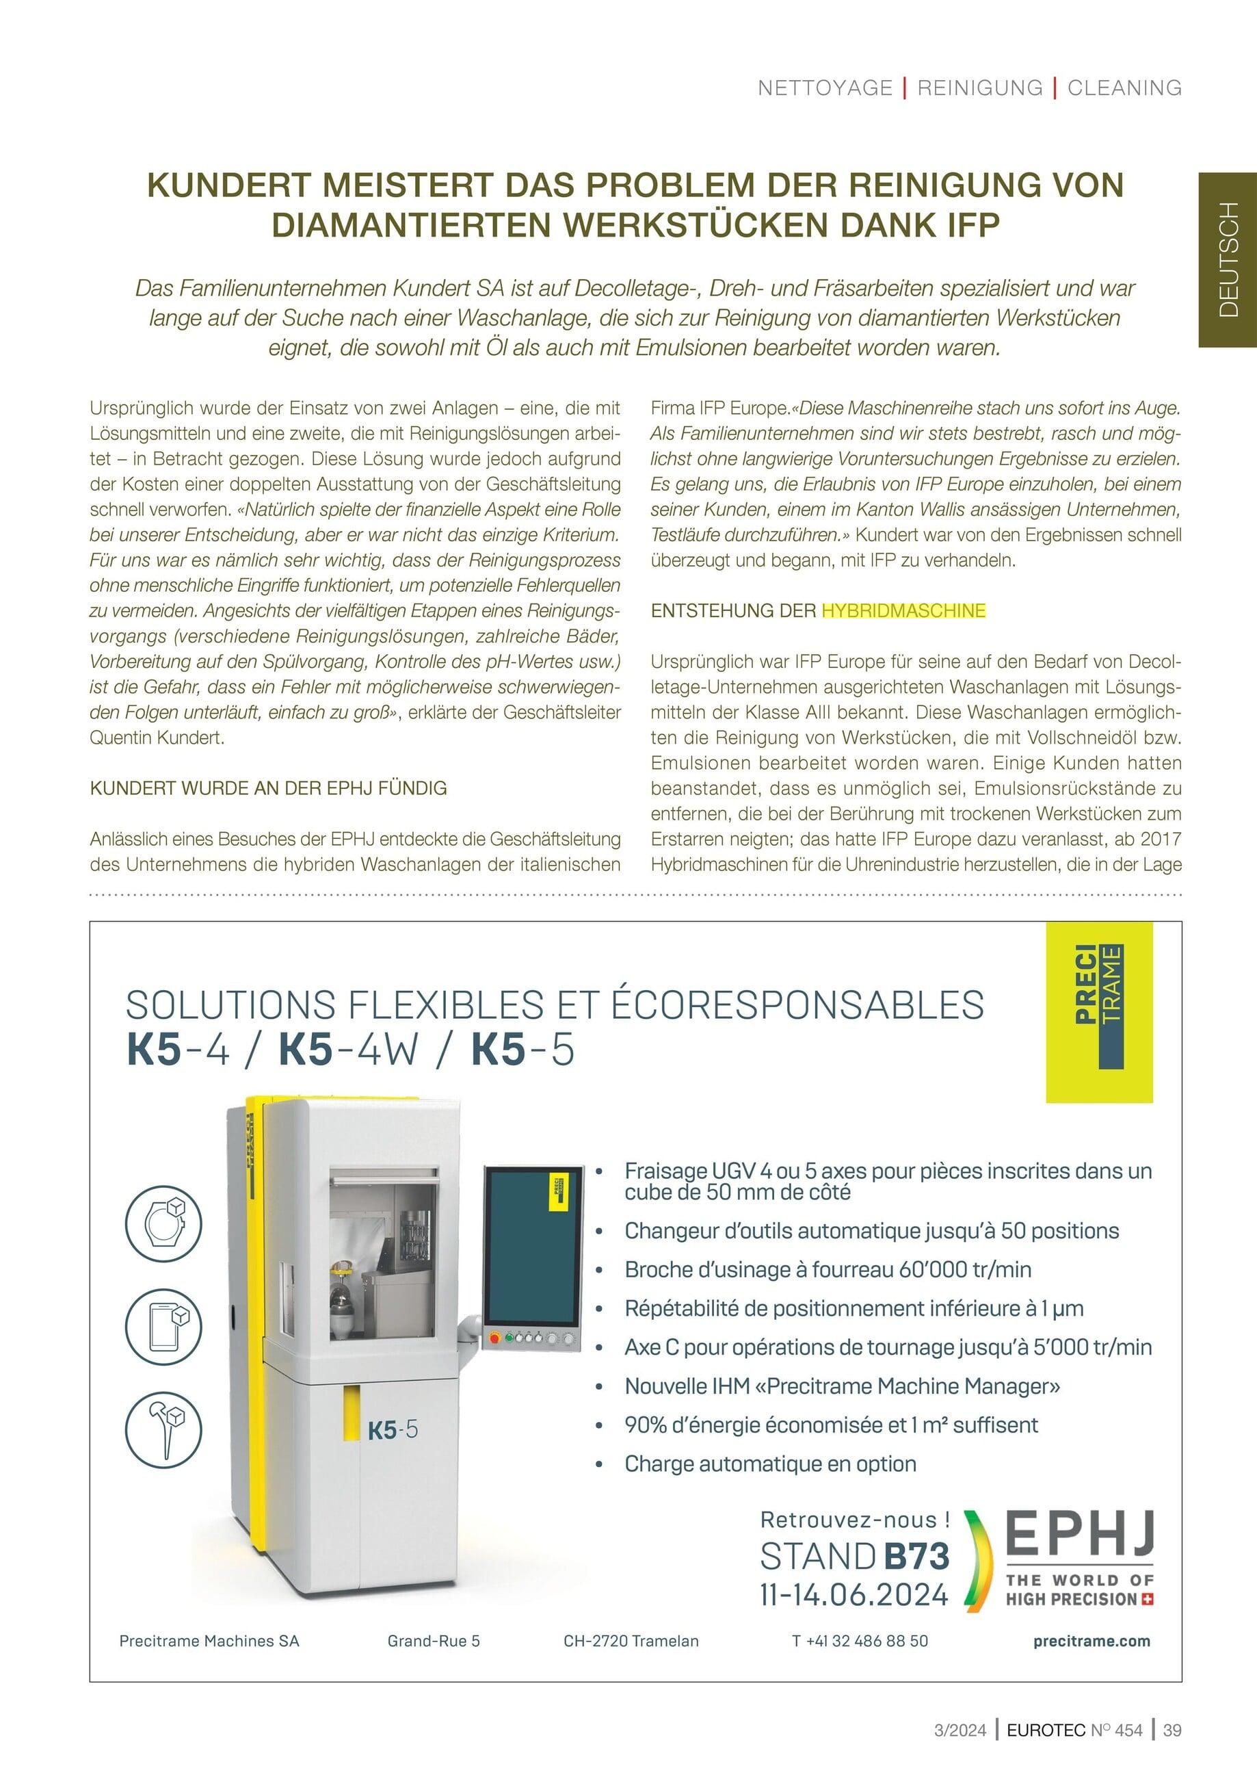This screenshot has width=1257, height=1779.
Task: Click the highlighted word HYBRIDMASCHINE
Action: [x=903, y=610]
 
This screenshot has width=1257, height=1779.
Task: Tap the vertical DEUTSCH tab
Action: [x=1228, y=259]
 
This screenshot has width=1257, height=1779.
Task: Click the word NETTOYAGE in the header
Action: [x=825, y=88]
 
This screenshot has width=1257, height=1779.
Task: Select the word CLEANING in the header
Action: [x=1124, y=88]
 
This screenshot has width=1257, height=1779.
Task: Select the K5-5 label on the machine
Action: [x=393, y=1429]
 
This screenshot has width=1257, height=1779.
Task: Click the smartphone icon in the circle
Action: [x=163, y=1326]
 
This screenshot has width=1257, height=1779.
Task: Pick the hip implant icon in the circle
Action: [x=163, y=1427]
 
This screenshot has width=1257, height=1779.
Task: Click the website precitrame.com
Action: [x=1091, y=1641]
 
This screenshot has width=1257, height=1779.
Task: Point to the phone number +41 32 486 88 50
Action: [x=860, y=1641]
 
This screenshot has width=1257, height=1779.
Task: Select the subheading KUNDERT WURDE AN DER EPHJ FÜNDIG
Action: [x=269, y=789]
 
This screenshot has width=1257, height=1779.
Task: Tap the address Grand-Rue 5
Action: [x=434, y=1641]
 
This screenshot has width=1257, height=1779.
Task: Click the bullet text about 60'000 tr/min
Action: [x=827, y=1270]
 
